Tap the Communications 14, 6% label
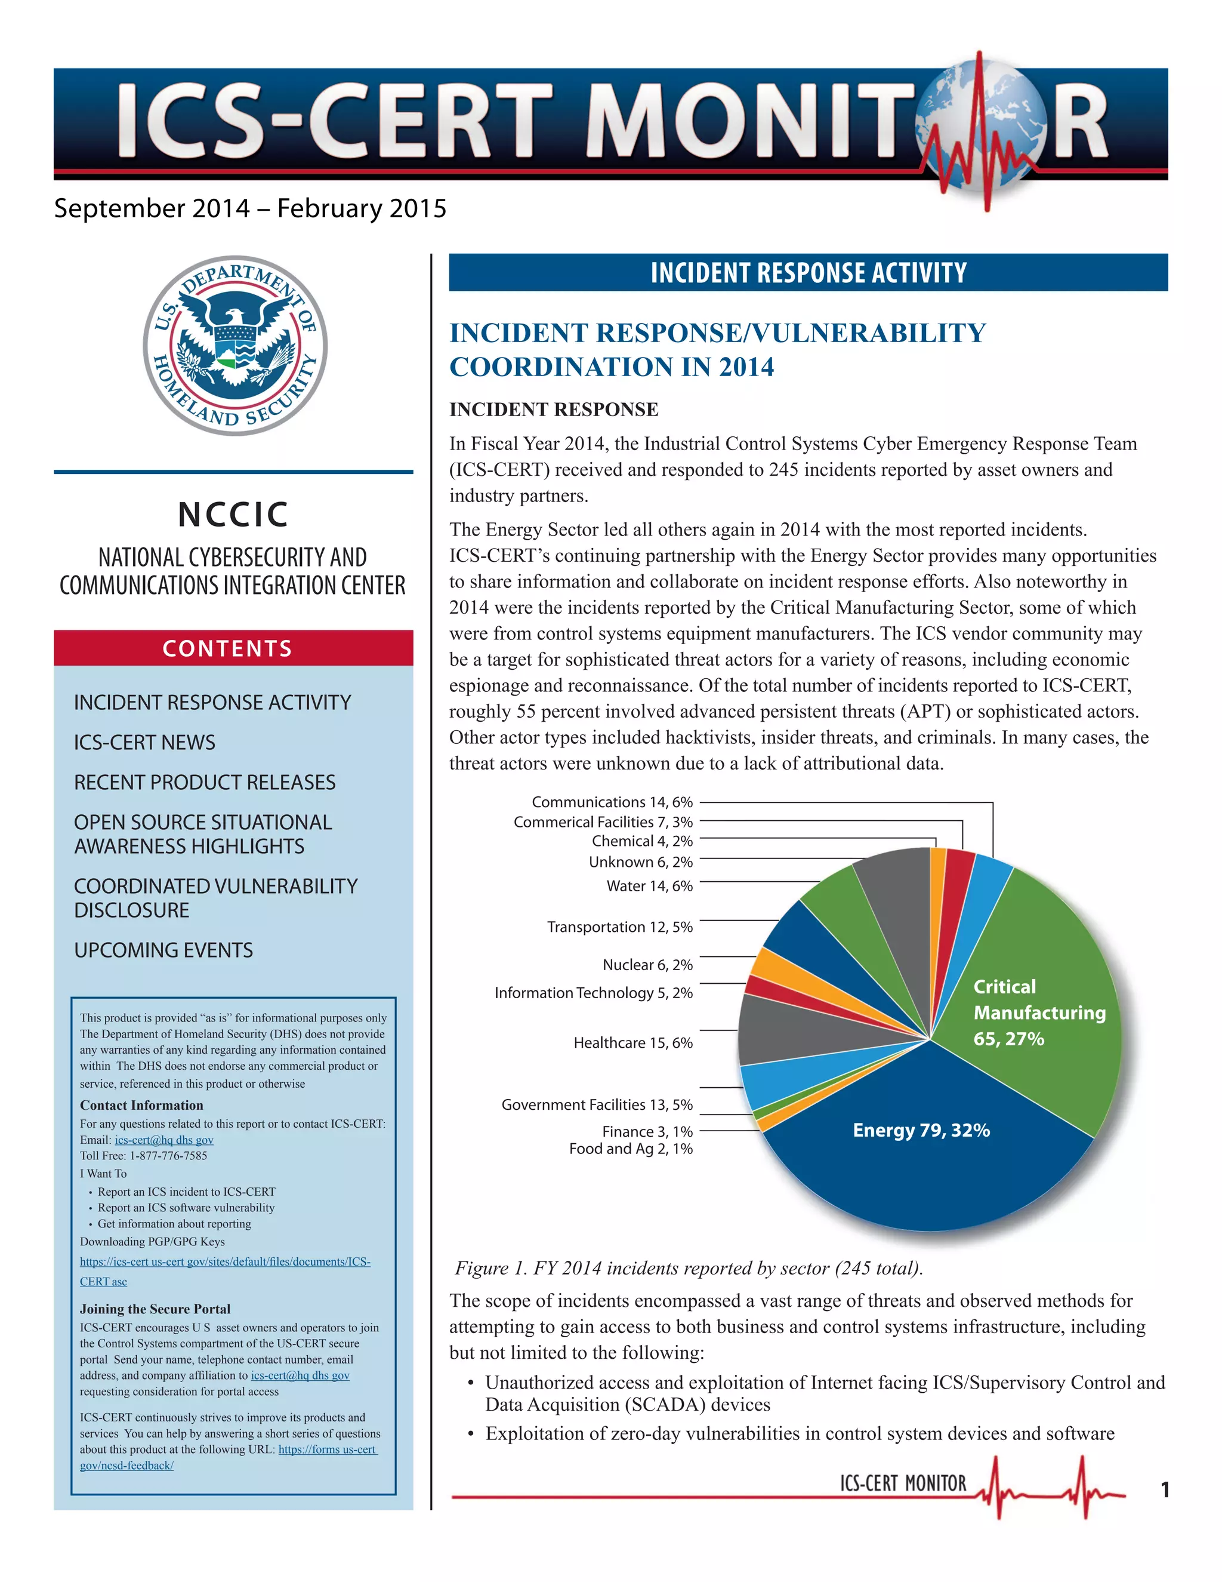click(612, 802)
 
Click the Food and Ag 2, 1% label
click(631, 1149)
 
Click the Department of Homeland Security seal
click(234, 346)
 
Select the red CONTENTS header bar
click(233, 648)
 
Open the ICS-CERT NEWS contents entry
click(145, 743)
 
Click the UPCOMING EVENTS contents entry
click(163, 950)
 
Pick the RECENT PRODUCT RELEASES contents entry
click(205, 782)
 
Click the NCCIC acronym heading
click(233, 514)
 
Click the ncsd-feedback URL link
click(126, 1466)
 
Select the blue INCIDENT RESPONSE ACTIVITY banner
click(808, 272)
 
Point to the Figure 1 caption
click(689, 1269)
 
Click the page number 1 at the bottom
click(1165, 1490)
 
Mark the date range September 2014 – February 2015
click(250, 208)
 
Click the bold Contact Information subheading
click(141, 1106)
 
